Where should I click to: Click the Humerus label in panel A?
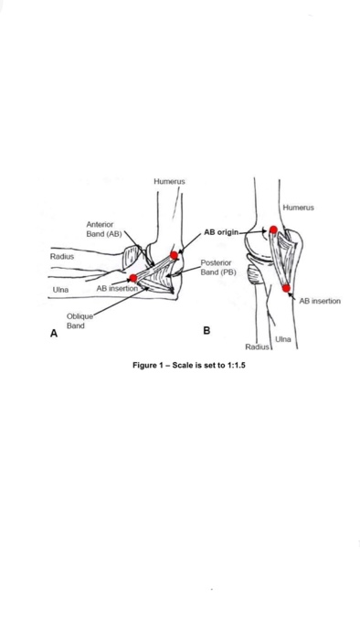(169, 182)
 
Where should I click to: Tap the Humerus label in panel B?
(298, 208)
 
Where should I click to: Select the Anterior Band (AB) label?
(103, 229)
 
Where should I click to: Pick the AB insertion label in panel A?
(116, 288)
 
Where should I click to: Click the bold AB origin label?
(220, 232)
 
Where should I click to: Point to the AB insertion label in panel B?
(320, 301)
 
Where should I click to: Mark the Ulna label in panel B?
(282, 339)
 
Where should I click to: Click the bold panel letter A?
(54, 335)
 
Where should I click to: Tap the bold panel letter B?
(206, 330)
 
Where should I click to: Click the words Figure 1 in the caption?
(152, 365)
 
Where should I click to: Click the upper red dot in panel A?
(174, 255)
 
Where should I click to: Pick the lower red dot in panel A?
(133, 278)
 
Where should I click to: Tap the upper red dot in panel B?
(273, 229)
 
